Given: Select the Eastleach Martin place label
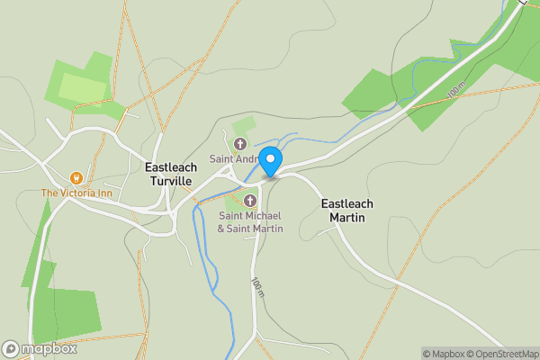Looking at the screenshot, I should coord(347,211).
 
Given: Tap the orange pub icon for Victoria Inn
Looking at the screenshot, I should coord(76,177).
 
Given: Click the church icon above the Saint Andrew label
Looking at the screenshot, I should coord(240,144).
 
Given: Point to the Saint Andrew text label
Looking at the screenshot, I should coord(232,159).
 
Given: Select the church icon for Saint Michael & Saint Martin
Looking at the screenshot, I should coord(250,200).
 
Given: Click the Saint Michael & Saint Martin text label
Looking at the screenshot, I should coord(250,222).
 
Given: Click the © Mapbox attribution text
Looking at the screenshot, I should coord(444,354).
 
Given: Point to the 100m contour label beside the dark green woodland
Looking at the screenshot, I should coord(456,90).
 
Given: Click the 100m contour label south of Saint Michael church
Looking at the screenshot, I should coord(257,288).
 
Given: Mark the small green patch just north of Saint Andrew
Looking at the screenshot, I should coord(244,126).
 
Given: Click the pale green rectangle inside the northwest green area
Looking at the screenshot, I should coord(82,88).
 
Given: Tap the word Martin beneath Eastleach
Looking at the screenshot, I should coord(347,218).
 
